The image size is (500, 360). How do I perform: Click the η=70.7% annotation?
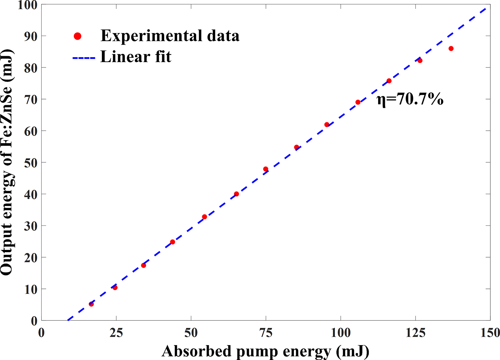(410, 99)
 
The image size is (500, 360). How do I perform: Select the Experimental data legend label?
(170, 36)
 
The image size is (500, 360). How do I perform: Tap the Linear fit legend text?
(136, 57)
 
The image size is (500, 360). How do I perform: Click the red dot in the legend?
(77, 36)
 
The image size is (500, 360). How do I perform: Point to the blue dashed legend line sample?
(84, 58)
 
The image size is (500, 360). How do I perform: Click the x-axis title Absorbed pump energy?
(265, 351)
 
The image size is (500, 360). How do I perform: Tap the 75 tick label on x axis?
(266, 333)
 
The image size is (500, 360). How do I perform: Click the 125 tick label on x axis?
(415, 333)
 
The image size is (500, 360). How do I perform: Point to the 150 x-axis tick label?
(490, 333)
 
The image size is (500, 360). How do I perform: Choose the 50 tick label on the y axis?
(30, 163)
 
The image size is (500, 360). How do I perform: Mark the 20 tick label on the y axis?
(30, 258)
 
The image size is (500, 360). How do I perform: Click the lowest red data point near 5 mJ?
(91, 304)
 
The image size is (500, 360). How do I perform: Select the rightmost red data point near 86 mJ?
(451, 49)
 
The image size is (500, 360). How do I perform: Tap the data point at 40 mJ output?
(236, 194)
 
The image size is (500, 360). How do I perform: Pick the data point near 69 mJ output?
(358, 102)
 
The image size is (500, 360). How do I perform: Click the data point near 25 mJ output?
(172, 242)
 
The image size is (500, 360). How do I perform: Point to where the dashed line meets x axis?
(68, 320)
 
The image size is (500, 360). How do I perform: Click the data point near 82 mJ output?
(420, 60)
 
